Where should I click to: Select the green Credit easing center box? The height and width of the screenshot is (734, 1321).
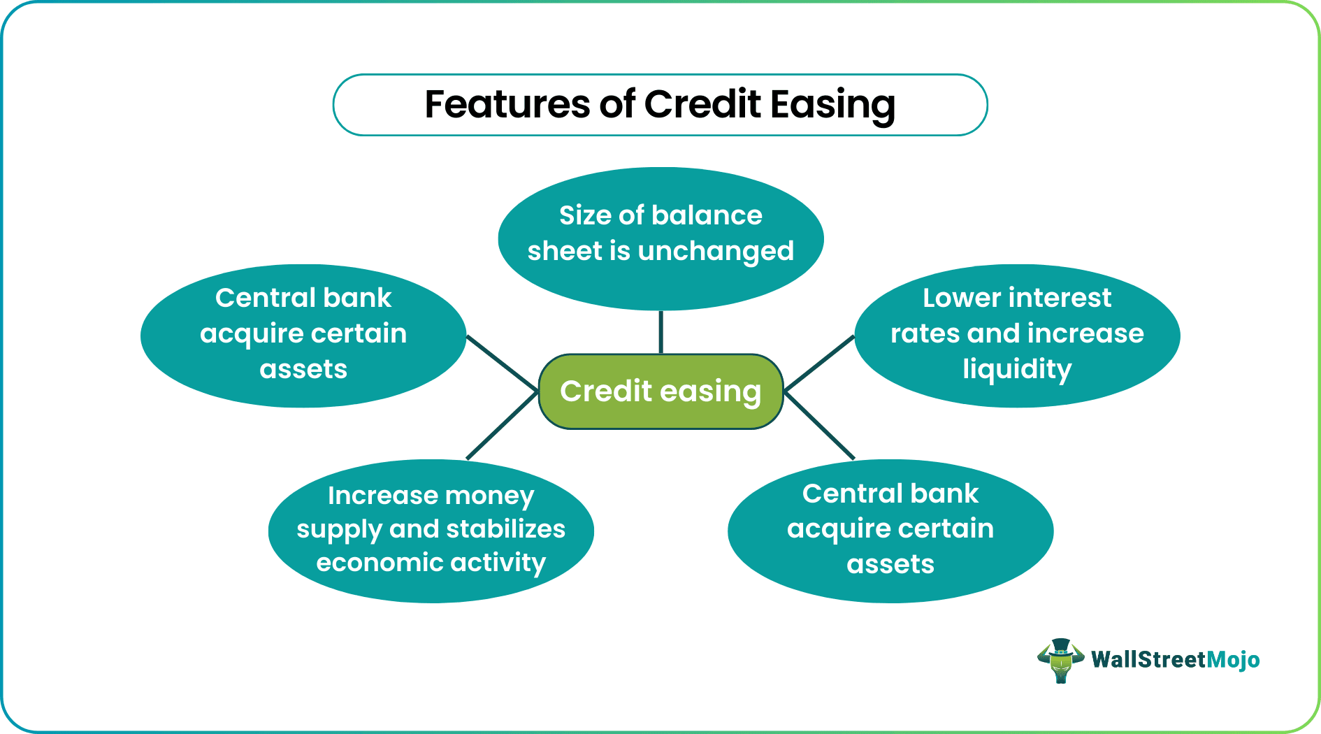pos(660,391)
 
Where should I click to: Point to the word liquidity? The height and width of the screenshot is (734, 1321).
pos(1017,369)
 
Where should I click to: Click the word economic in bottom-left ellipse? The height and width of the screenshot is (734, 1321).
pos(369,563)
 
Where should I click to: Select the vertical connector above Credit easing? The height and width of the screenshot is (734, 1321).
pos(660,332)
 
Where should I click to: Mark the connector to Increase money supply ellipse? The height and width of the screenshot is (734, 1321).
pos(502,426)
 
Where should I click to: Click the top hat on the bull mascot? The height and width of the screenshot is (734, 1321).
pos(1061,645)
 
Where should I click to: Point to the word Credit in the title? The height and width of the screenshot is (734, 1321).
pos(702,104)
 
